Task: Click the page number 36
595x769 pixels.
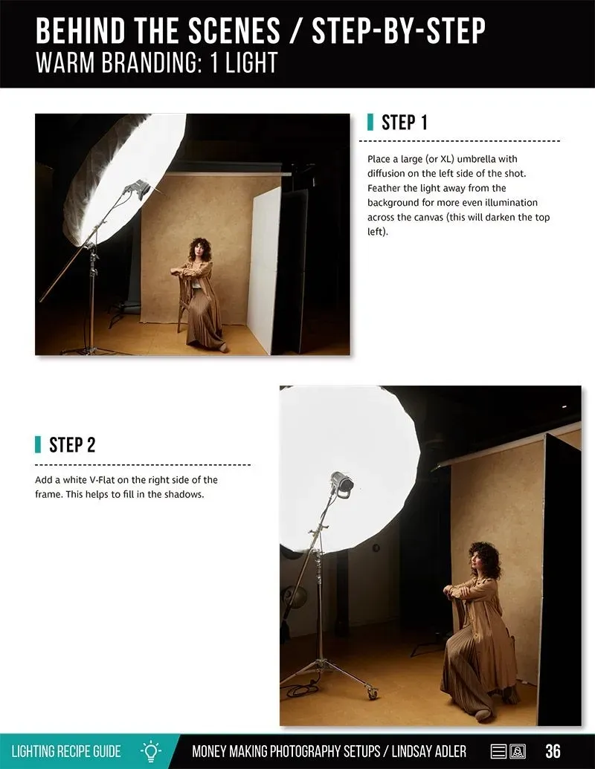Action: pos(553,751)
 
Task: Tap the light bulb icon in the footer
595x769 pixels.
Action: pos(151,751)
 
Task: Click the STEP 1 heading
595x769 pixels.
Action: pos(405,122)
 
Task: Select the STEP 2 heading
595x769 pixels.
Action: pos(72,445)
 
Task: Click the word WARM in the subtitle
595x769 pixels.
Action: pos(65,62)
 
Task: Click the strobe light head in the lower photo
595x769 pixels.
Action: pos(341,484)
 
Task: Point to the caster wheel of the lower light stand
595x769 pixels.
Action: pos(373,694)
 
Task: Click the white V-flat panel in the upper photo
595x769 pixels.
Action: pos(264,270)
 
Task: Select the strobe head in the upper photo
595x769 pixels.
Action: pos(138,189)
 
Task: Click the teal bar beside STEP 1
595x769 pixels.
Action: pos(370,122)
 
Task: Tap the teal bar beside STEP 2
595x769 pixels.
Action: pos(38,444)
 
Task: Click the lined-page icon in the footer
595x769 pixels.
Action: pos(499,751)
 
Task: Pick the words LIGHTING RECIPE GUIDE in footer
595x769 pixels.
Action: pos(66,751)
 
